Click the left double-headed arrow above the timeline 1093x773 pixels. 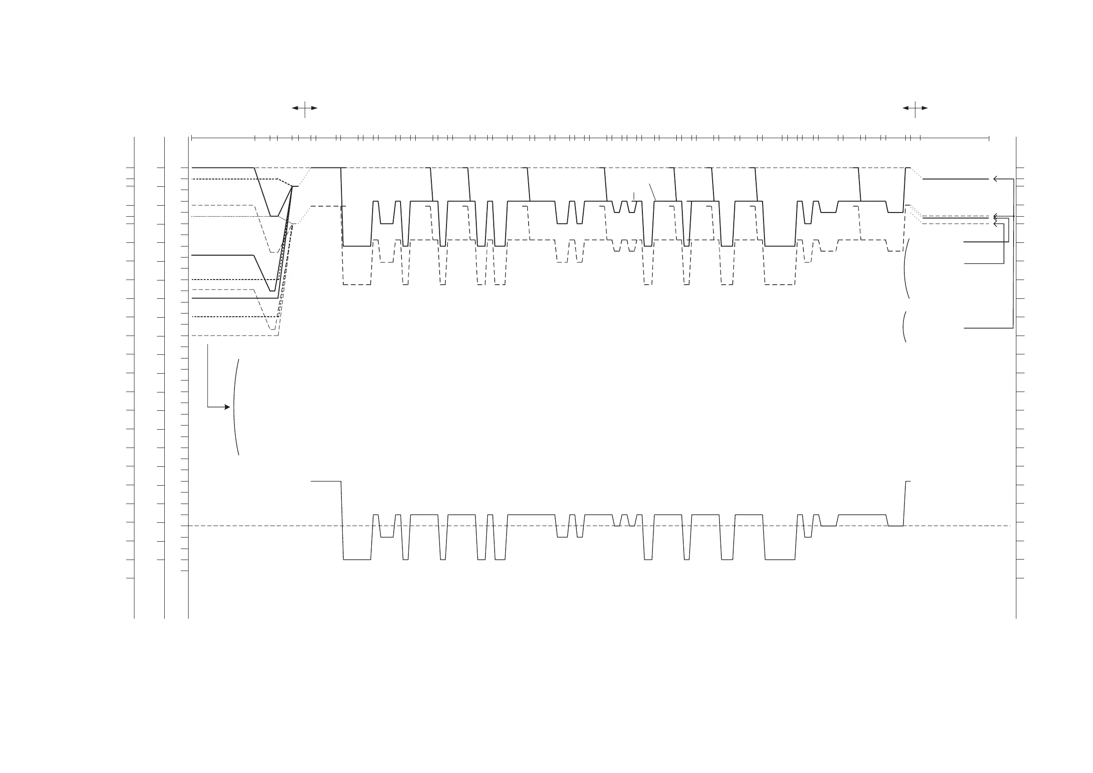[305, 108]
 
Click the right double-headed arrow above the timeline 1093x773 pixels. [915, 108]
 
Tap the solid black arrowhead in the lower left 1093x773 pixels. [227, 407]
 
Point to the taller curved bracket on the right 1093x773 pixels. [905, 269]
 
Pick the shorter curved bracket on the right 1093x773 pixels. [903, 327]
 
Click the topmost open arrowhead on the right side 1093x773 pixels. [996, 179]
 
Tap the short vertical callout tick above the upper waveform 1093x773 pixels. [634, 196]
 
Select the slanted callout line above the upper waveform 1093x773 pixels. [652, 191]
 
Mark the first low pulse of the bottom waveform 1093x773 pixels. [357, 560]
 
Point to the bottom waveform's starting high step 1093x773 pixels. [326, 482]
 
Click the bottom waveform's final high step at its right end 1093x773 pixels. [907, 482]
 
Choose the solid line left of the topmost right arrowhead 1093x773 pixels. [955, 179]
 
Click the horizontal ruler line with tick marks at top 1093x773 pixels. [590, 138]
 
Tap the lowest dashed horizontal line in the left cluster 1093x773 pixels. [234, 336]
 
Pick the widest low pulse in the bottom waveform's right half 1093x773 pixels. [780, 560]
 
